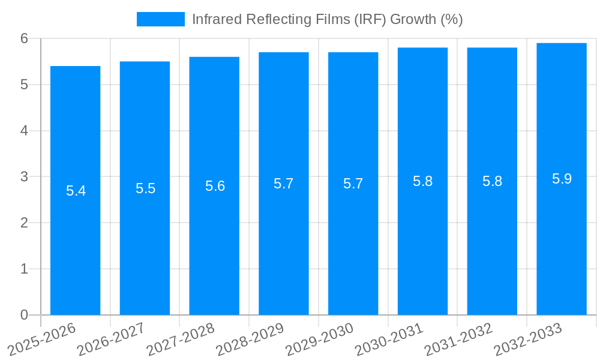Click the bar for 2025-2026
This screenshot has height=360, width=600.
(x=75, y=240)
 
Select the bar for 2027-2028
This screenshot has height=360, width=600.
(x=214, y=240)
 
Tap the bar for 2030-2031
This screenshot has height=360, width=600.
(x=422, y=240)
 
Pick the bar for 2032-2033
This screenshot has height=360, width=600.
(x=562, y=240)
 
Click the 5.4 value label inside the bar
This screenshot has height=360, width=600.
(x=76, y=191)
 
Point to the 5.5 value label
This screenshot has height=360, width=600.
(x=145, y=189)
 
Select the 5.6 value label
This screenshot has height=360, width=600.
(x=215, y=187)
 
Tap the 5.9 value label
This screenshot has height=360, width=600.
(x=562, y=179)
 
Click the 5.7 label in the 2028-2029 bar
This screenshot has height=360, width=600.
(x=283, y=184)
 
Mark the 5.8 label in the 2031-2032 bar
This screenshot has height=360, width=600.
(x=492, y=182)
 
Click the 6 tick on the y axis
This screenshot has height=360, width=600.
(x=24, y=38)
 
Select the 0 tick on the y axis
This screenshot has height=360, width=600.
(x=24, y=315)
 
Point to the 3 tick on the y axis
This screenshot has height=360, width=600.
(x=24, y=177)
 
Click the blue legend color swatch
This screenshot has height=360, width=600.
(x=160, y=19)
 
